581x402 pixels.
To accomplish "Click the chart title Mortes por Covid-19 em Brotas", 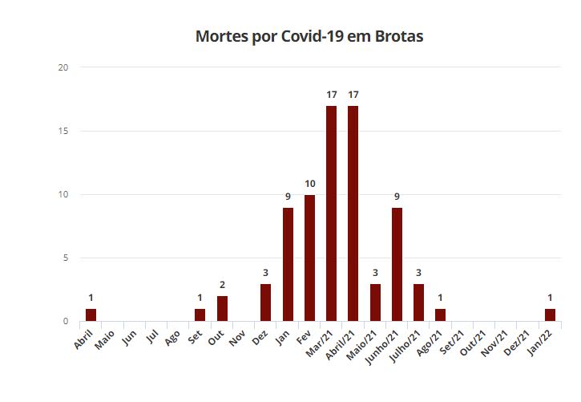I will click(x=309, y=37).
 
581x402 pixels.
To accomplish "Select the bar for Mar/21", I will click(x=331, y=213).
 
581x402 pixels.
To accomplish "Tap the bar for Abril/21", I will click(x=353, y=213).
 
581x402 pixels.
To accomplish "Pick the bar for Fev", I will click(x=309, y=258).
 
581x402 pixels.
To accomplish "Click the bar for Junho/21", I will click(x=397, y=264).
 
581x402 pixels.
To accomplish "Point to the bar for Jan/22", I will click(x=550, y=315).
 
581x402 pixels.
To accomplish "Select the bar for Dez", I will click(x=265, y=303).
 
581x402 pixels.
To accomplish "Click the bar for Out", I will click(x=222, y=309).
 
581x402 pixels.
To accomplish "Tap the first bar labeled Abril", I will click(x=91, y=315).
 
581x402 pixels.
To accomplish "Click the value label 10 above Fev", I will click(x=309, y=184).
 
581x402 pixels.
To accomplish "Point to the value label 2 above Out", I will click(x=222, y=286).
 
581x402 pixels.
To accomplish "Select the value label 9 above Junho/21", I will click(x=397, y=197).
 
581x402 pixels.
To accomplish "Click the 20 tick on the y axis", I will click(x=63, y=67).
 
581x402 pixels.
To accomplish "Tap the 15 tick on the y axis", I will click(x=63, y=131).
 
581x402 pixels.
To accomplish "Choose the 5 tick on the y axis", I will click(x=64, y=258).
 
